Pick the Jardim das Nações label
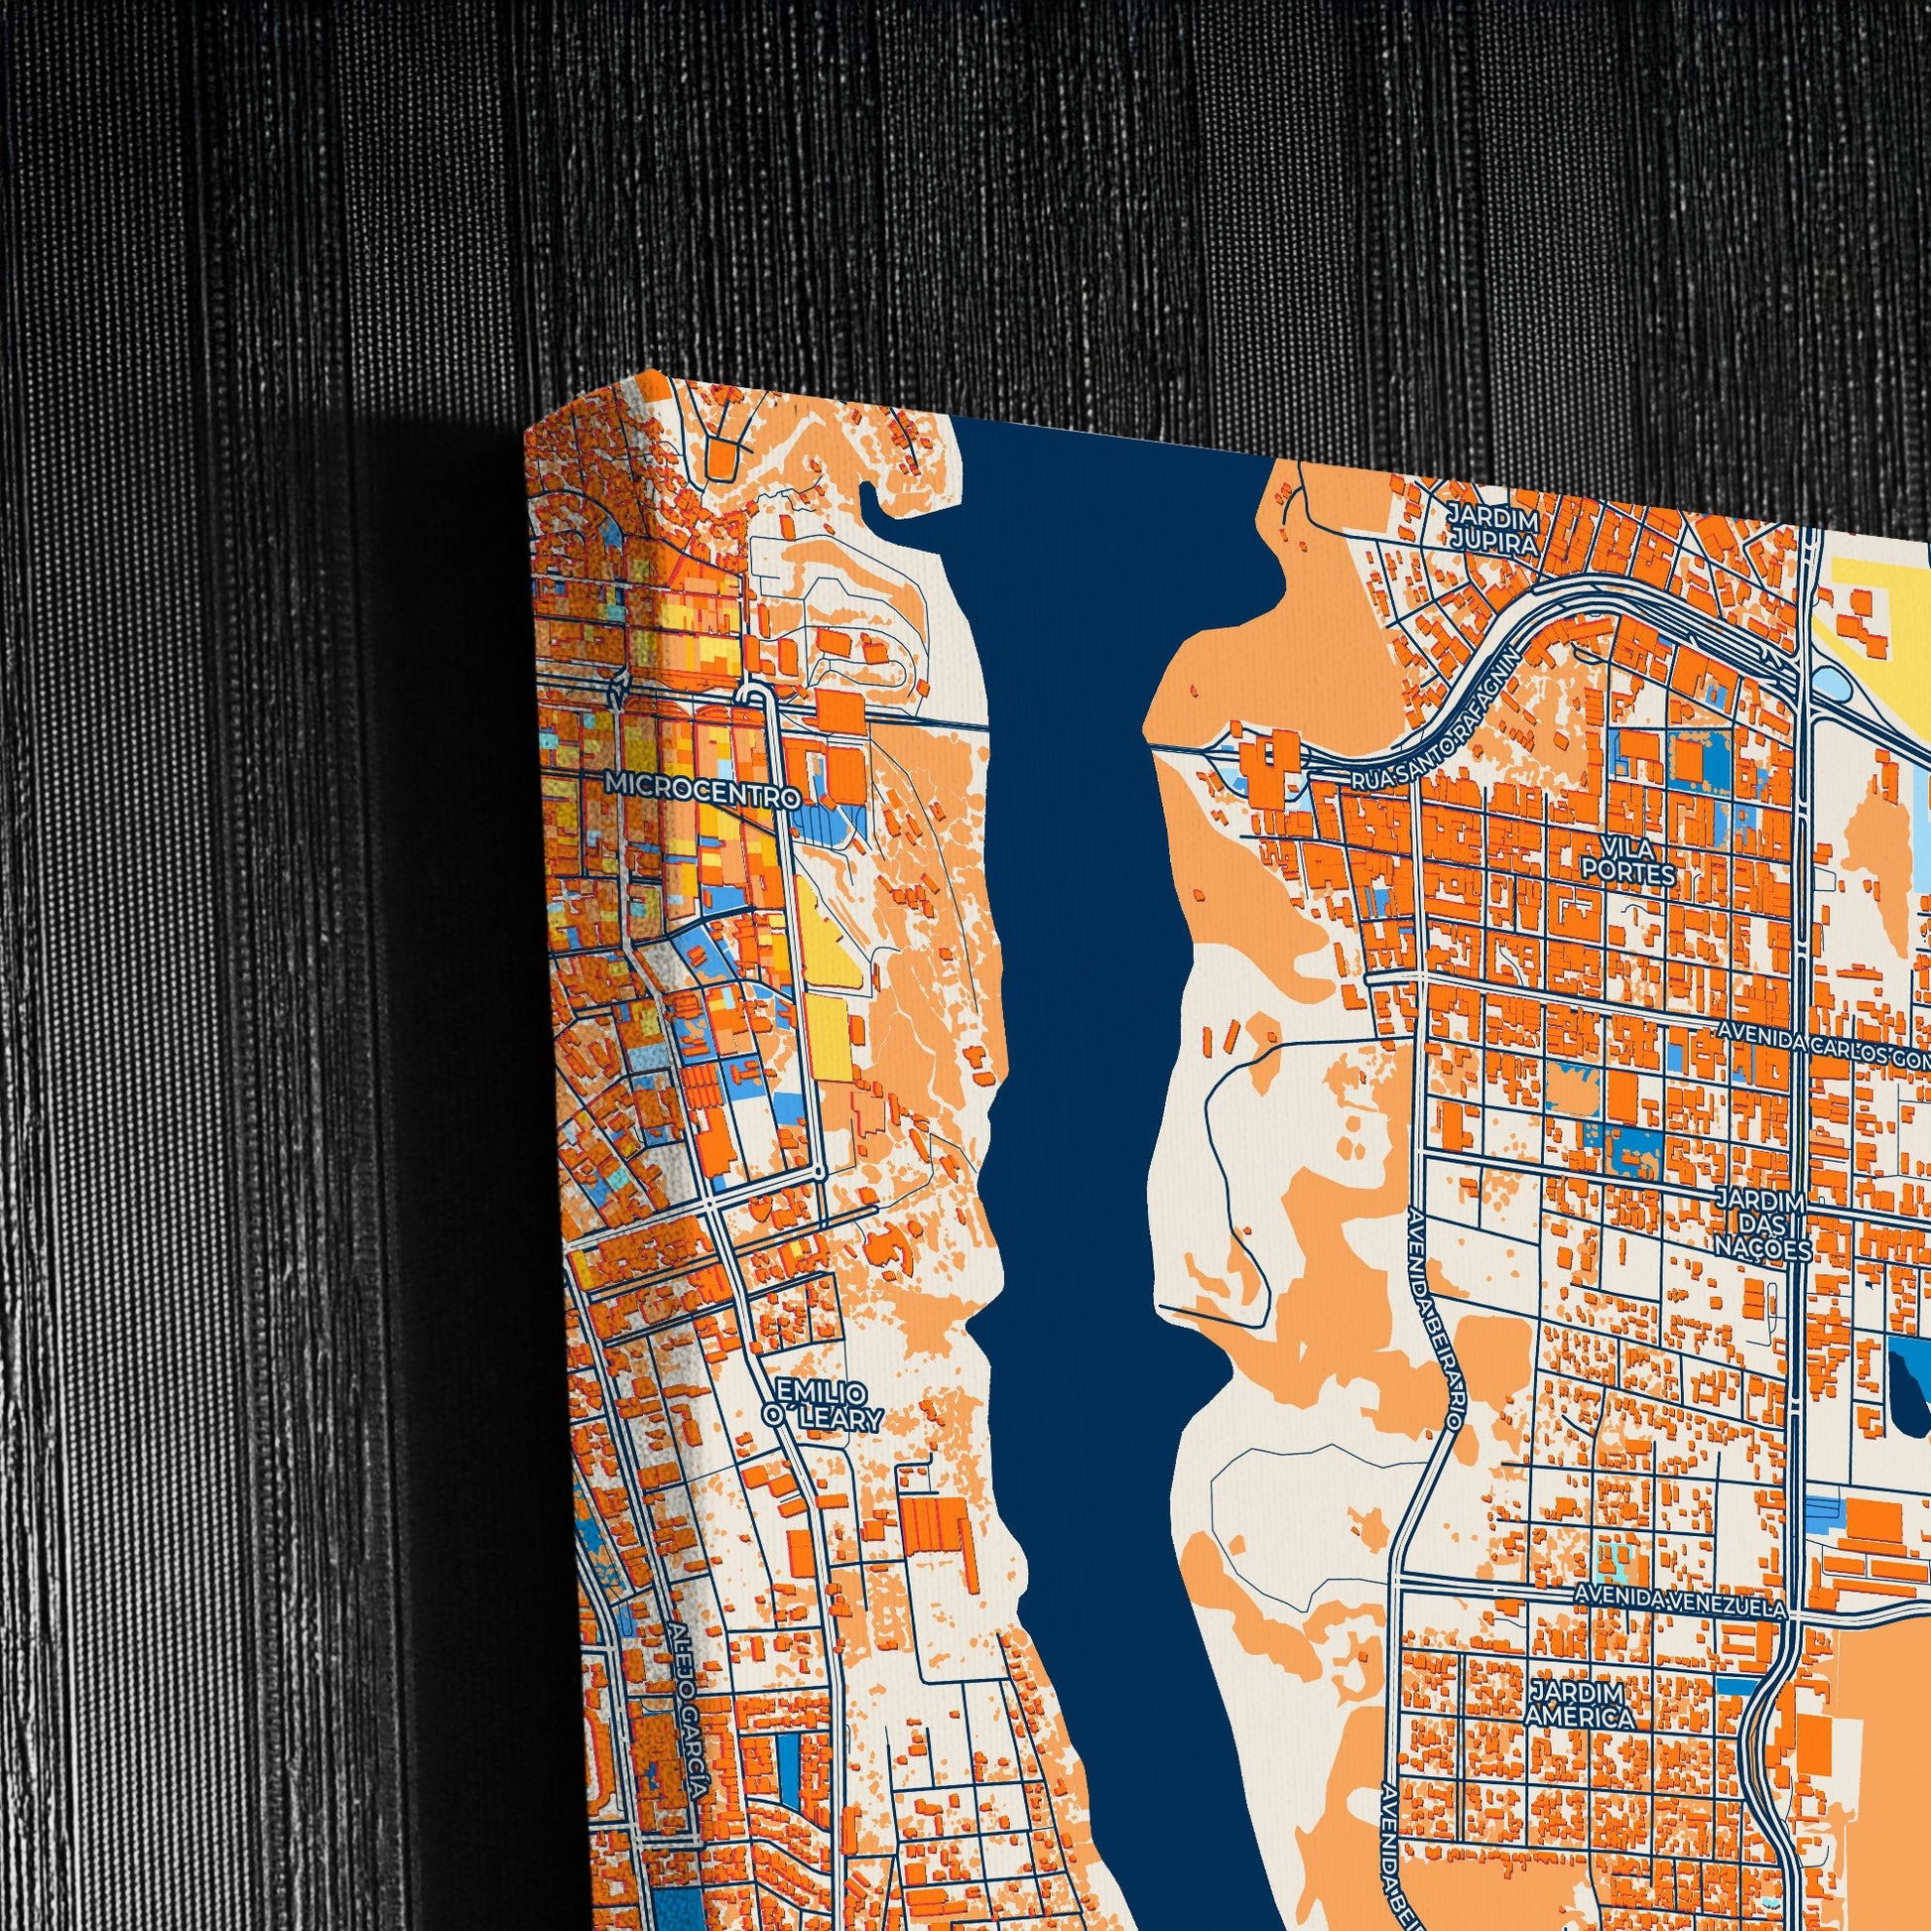pos(1763,1225)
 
